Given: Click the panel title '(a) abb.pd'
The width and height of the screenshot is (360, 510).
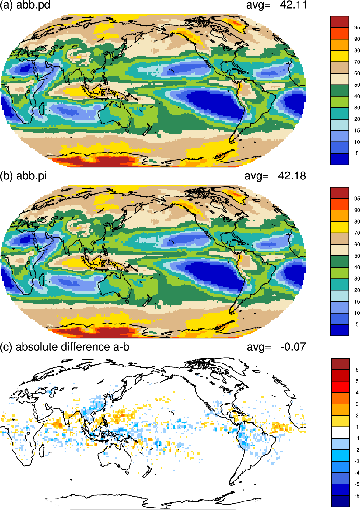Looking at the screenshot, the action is pos(25,5).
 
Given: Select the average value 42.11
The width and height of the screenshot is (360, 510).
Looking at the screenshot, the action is pos(293,5).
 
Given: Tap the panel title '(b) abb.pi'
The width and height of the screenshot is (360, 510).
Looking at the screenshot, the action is pos(23,176).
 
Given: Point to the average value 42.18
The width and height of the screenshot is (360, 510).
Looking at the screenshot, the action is pos(292,176).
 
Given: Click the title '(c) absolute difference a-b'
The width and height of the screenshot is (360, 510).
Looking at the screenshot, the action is pos(65,347).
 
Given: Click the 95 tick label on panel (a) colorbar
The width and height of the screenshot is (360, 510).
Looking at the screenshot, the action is pos(357,28).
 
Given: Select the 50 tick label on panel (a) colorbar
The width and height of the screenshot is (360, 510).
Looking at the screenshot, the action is pos(357,85).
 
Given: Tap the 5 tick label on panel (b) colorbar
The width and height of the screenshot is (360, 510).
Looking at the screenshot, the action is pos(357,324).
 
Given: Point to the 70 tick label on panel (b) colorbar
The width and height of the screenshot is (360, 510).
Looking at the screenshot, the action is pos(357,233).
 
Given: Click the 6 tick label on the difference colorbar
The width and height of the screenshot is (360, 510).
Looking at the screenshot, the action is pos(357,370).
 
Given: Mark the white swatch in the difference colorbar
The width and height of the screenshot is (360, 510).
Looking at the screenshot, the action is pos(340,432).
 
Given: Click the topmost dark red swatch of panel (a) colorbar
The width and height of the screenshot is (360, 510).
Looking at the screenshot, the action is pos(340,22).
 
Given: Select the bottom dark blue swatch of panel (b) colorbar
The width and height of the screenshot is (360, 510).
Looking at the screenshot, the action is pos(340,330).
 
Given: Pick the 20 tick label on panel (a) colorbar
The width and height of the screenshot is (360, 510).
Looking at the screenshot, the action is pos(357,119).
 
